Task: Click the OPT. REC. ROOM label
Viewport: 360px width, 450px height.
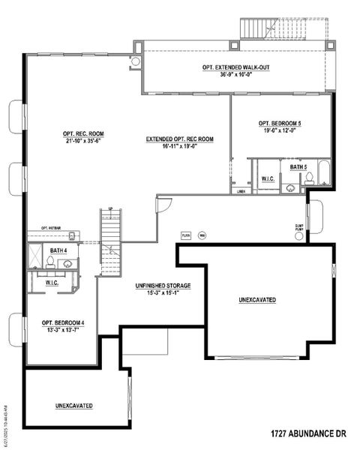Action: pos(83,134)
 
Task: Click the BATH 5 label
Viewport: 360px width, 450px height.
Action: pos(298,166)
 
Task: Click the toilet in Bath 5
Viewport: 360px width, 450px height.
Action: pos(308,178)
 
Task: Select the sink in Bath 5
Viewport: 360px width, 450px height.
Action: pos(289,187)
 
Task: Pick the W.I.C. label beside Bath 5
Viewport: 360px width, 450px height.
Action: pos(267,178)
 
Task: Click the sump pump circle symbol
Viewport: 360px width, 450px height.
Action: pos(300,236)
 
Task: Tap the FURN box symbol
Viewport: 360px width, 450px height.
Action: pos(186,235)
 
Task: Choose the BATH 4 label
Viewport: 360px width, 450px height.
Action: pos(58,250)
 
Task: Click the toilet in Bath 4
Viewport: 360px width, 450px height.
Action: pos(50,262)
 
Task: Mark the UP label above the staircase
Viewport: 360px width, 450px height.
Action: pos(111,208)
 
